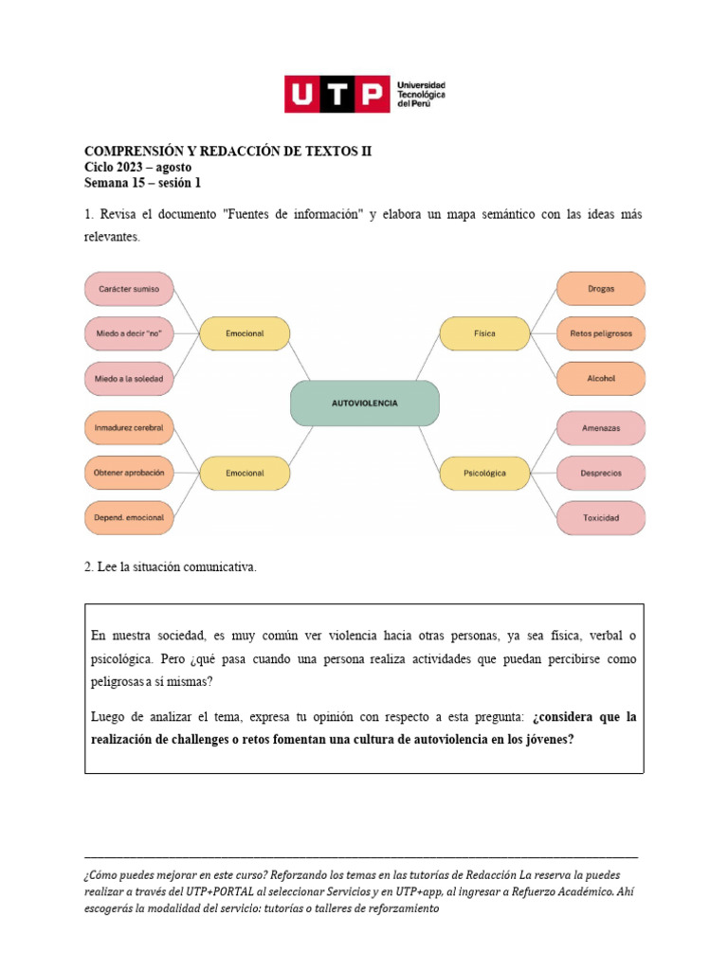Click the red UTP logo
[337, 95]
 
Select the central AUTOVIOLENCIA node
[364, 403]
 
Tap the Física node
[484, 333]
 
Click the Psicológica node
[484, 472]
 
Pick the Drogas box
[600, 288]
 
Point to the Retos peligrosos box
[600, 333]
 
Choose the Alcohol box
[600, 378]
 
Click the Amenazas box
[600, 428]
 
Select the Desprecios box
[600, 473]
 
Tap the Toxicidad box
[600, 518]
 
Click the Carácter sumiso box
[129, 288]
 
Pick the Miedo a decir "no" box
[129, 333]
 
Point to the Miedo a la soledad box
[129, 379]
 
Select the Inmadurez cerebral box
[129, 428]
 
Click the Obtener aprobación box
[129, 473]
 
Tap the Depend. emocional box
[129, 518]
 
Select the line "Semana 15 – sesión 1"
[142, 183]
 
